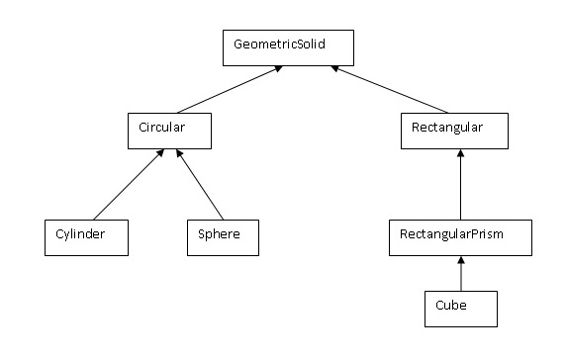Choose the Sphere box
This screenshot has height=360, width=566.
coord(222,235)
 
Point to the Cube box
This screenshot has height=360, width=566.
coord(460,308)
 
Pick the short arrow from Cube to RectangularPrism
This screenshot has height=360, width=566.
coord(461,272)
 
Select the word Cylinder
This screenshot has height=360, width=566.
coord(79,235)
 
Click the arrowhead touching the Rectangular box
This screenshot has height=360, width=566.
coord(461,153)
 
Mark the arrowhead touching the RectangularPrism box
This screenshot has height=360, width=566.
coord(461,257)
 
